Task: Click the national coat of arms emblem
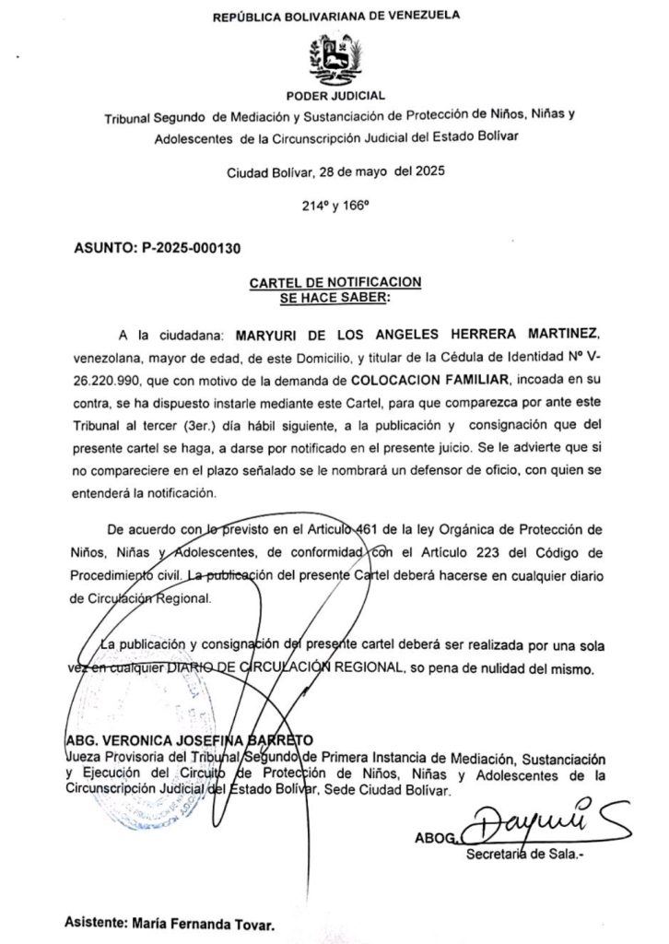pyautogui.click(x=335, y=59)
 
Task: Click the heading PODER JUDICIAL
pyautogui.click(x=335, y=95)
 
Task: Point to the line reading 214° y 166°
pyautogui.click(x=334, y=208)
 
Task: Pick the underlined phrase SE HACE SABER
pyautogui.click(x=334, y=298)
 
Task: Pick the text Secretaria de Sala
pyautogui.click(x=525, y=854)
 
